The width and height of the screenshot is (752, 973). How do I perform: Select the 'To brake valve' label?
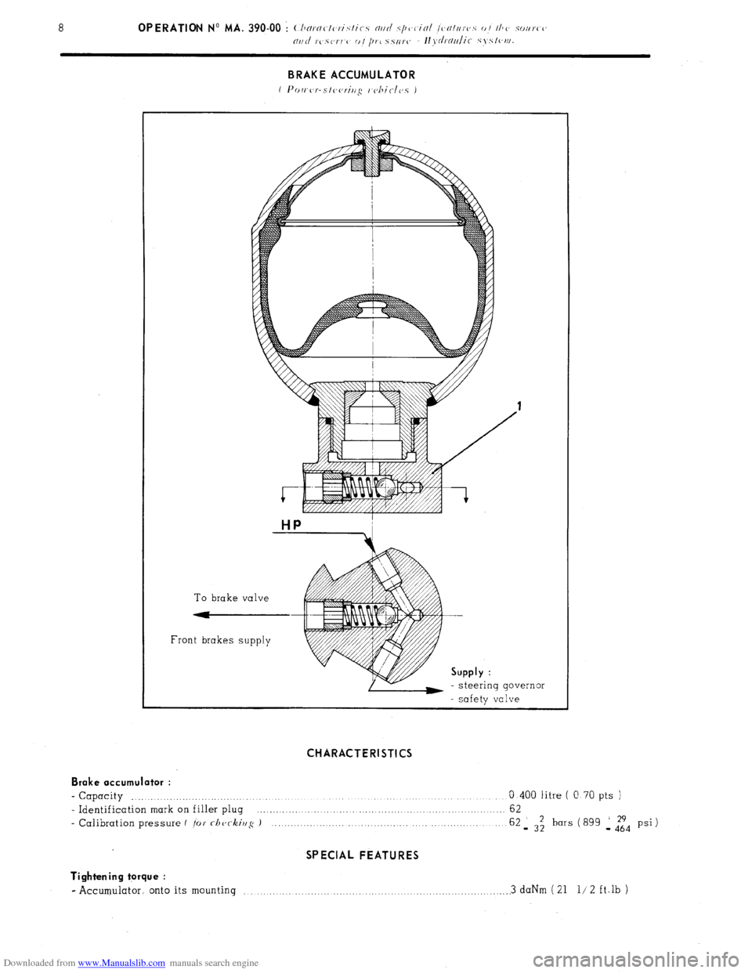(231, 598)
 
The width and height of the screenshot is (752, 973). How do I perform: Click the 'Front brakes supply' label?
(221, 640)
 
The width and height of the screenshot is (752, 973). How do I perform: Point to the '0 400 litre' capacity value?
(540, 795)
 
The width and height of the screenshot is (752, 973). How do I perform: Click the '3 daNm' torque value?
(529, 890)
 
